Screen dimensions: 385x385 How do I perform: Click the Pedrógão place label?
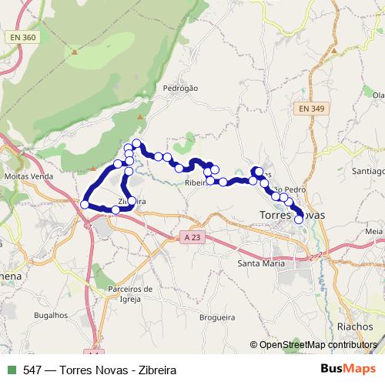181,89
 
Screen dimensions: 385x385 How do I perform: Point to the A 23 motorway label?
196,238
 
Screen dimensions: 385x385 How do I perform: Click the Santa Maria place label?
261,263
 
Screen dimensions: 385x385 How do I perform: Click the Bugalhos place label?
51,315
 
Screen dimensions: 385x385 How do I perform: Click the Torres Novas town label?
292,215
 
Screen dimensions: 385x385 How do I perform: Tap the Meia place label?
374,231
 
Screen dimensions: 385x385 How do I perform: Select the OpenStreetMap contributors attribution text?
316,345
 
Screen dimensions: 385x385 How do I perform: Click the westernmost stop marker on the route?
85,204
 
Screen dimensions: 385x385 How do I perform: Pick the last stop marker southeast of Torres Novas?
299,219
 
